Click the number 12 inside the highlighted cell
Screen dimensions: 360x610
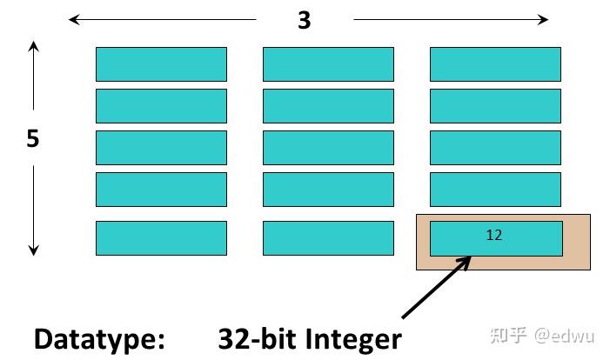pos(494,235)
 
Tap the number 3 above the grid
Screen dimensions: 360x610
pos(304,20)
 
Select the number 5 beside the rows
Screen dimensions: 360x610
pos(33,139)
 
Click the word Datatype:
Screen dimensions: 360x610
pos(99,338)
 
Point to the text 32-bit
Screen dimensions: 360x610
pos(254,338)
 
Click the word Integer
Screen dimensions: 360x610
pos(348,338)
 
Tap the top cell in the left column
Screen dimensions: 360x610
pos(161,64)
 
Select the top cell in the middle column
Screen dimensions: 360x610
pos(328,64)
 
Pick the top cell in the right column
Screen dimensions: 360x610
pos(495,64)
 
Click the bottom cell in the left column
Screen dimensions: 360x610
pos(161,237)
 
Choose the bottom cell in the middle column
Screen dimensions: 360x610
pos(328,237)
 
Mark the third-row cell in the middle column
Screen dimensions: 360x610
pos(328,148)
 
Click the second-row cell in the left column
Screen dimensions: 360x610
pos(161,106)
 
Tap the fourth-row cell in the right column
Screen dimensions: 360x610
pos(495,190)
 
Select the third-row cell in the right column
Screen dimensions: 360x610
pos(495,148)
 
